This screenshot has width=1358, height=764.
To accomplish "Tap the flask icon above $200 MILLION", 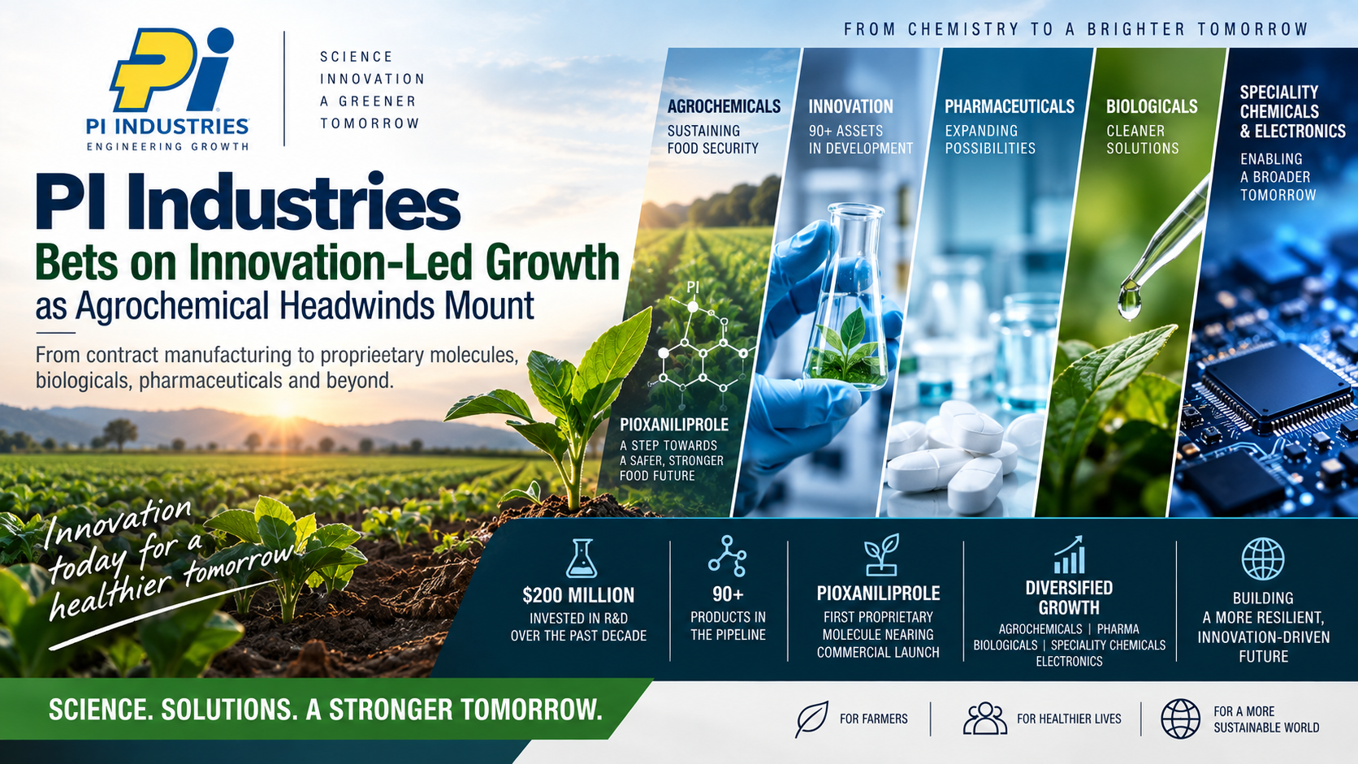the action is pos(581,558).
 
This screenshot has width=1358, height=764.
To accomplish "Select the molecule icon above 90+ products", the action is pos(728,555).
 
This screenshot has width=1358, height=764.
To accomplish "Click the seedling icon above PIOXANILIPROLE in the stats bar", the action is pos(881,555).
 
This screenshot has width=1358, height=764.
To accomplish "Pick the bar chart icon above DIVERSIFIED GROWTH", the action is pos(1069,555).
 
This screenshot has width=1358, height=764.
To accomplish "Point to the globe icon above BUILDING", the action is pos(1263,559).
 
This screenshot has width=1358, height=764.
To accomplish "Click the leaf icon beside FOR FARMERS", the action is pos(811,719).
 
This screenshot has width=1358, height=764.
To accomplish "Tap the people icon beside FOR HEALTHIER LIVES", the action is pos(985,719).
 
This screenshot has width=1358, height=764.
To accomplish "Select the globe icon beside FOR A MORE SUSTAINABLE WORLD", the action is pos(1180,719).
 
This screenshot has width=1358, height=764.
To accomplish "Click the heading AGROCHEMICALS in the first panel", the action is pos(724,106).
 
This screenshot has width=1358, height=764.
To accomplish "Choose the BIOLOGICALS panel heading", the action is pos(1152,106).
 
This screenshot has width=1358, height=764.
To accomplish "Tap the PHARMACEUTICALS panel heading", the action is pos(1010,106).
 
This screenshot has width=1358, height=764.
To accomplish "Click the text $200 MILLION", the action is pos(578,595).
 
